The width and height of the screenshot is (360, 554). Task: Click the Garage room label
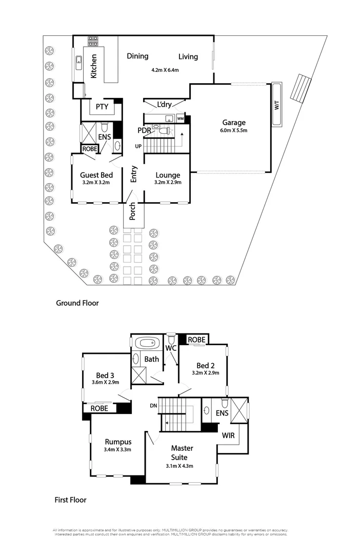pos(233,123)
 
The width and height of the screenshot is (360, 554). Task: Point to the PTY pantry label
pos(101,107)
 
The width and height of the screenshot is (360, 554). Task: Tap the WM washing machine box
pos(180,118)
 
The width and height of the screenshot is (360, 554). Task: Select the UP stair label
pos(138,147)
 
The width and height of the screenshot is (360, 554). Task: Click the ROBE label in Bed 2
pos(196,340)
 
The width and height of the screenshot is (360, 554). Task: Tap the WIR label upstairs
pos(228,436)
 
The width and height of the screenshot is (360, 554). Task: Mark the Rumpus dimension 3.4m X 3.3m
pos(118,450)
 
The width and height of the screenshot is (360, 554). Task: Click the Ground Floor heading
pos(77,303)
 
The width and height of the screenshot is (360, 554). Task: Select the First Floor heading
pos(70,499)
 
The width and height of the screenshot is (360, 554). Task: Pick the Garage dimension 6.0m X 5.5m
pos(233,131)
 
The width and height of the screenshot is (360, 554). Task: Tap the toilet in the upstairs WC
pos(171,339)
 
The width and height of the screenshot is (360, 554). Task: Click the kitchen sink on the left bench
pos(79,62)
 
